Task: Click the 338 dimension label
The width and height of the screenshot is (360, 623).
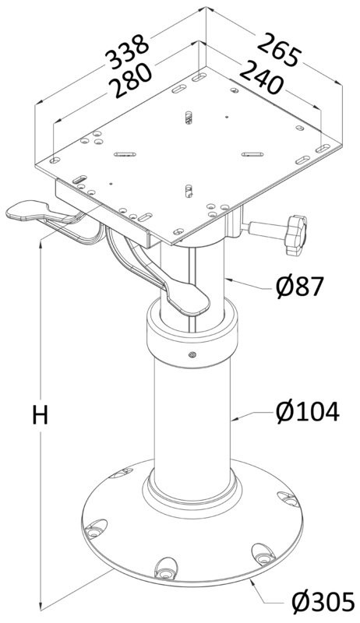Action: pos(129,52)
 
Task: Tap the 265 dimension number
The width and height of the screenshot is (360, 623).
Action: pos(277,50)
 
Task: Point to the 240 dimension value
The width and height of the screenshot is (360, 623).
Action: pos(261,77)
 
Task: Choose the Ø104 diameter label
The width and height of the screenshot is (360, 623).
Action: pos(308,412)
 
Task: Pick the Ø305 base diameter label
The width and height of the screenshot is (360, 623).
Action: pos(323,601)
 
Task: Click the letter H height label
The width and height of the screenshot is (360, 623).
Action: pos(41,415)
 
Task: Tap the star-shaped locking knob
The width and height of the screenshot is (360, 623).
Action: pos(296,235)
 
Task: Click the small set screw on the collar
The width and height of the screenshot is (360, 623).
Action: pos(192,354)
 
